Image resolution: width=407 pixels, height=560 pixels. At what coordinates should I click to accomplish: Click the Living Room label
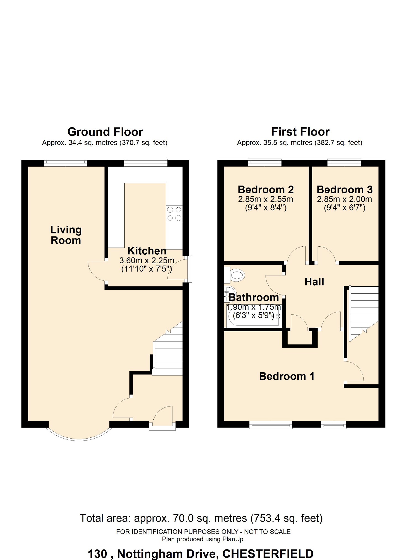(66, 235)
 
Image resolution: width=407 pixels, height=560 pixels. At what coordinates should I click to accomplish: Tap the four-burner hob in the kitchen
(174, 214)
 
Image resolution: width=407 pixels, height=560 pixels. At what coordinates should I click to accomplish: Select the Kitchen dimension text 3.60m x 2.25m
(147, 261)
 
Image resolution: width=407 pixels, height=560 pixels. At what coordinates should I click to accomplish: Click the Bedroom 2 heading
(266, 190)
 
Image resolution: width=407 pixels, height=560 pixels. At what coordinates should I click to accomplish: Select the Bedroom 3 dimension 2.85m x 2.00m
(344, 199)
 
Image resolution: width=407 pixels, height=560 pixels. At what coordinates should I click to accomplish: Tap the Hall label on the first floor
(314, 282)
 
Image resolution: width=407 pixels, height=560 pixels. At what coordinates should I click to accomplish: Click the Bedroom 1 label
(287, 376)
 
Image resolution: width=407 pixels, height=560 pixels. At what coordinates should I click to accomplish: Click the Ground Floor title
(105, 132)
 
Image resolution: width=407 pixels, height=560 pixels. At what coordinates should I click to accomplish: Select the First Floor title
(300, 132)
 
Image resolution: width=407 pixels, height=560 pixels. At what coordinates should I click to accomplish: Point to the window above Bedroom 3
(344, 163)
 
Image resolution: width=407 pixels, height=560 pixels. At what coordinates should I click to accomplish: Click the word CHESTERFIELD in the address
(268, 554)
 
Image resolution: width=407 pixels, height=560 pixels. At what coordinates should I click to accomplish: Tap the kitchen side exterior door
(190, 269)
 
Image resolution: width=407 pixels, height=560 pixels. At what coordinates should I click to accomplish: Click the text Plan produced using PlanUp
(203, 539)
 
